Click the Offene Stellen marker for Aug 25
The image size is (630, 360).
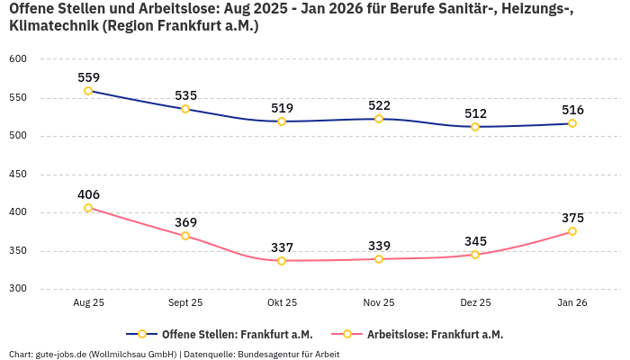click(x=88, y=91)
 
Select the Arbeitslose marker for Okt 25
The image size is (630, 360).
click(x=282, y=261)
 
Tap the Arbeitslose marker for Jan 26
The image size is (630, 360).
click(x=572, y=231)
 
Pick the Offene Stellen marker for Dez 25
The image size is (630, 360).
click(x=475, y=127)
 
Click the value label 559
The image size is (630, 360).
click(x=88, y=77)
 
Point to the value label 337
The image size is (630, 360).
click(x=282, y=247)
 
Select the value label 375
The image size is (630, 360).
click(x=572, y=218)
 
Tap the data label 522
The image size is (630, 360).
click(x=379, y=105)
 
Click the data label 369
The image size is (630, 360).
click(x=185, y=222)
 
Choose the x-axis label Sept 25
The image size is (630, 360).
click(x=185, y=303)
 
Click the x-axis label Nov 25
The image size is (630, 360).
click(x=379, y=303)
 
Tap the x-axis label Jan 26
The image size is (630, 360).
click(x=572, y=303)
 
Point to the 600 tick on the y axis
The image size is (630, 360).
click(x=19, y=59)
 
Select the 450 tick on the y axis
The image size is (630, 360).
click(x=19, y=175)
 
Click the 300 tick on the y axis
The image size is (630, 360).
click(x=19, y=289)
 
